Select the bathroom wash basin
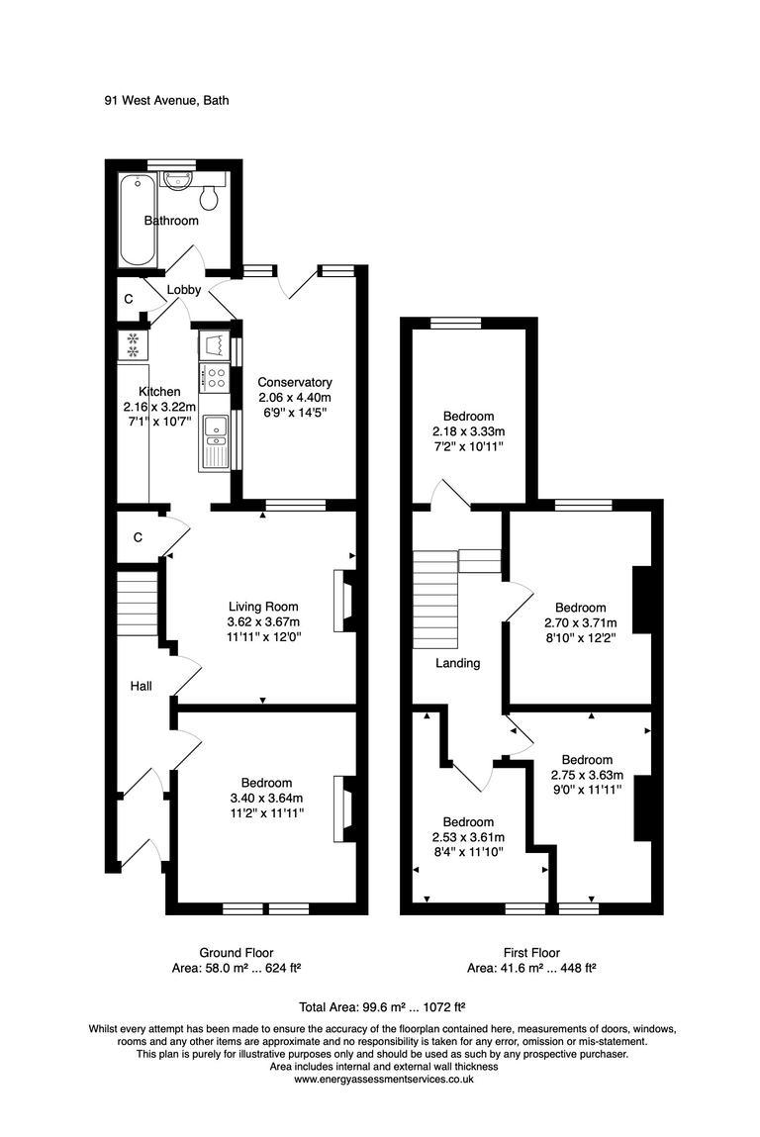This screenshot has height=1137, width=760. tap(178, 180)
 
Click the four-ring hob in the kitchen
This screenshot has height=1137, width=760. tap(214, 378)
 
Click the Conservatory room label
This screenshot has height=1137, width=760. tap(295, 382)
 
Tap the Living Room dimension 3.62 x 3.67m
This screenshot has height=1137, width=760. tap(263, 622)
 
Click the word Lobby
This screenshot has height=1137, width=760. tap(184, 290)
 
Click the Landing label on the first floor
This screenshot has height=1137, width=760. tap(458, 663)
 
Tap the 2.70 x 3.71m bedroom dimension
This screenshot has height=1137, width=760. tap(580, 622)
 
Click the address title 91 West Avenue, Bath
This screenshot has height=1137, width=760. tap(166, 100)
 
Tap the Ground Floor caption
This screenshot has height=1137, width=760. tap(237, 952)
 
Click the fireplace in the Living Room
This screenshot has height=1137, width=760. tap(346, 601)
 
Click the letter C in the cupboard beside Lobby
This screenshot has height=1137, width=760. tap(129, 299)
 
